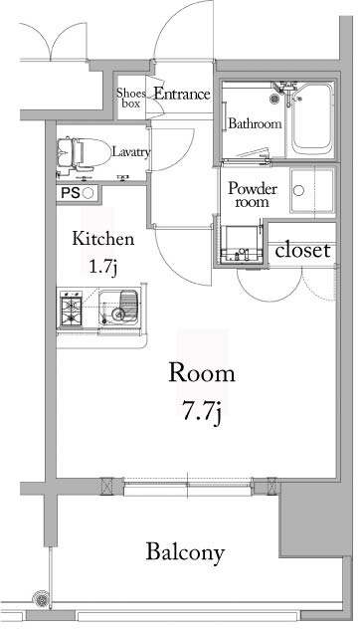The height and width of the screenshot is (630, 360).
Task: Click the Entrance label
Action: tap(181, 95)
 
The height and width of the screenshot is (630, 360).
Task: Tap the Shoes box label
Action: tap(133, 98)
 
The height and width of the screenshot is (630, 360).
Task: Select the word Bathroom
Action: tap(255, 124)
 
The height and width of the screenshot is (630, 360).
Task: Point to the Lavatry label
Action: tap(130, 152)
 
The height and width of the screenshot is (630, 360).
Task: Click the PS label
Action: tap(70, 193)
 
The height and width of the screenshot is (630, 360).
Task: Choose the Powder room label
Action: tap(252, 194)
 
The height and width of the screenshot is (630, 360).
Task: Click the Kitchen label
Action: tap(102, 240)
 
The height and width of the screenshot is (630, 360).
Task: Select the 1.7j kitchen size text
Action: tap(102, 266)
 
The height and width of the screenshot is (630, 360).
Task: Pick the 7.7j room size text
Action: tap(201, 410)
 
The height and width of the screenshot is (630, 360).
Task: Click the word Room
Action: tap(201, 375)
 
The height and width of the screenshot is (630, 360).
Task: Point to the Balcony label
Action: tap(185, 552)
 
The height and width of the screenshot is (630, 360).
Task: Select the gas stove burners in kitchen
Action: tap(73, 310)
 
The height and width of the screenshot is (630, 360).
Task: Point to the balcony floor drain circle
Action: tap(41, 600)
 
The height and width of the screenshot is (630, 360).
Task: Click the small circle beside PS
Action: tap(88, 193)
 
